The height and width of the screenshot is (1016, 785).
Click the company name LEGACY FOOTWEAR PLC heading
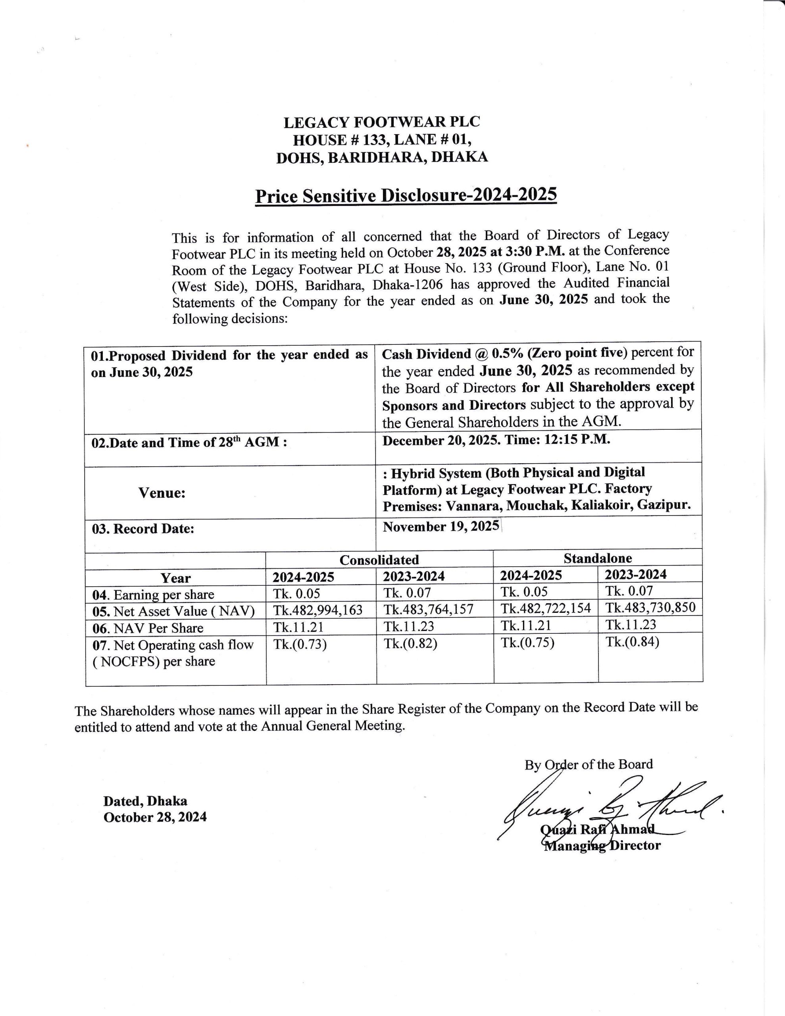[381, 122]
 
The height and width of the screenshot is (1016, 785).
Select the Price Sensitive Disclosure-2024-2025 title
[406, 195]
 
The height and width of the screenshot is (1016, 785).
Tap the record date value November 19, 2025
[441, 527]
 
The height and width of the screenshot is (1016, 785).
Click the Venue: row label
[162, 493]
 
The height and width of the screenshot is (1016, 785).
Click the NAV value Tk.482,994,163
[318, 610]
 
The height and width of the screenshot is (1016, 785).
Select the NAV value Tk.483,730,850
[650, 608]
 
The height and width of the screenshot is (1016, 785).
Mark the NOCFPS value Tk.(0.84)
[632, 642]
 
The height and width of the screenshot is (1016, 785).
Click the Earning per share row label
[154, 595]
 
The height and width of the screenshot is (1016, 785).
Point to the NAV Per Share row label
[148, 628]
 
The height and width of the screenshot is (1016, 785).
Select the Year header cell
[175, 578]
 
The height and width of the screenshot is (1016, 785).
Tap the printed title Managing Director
[602, 845]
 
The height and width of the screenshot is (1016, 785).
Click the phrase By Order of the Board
[589, 764]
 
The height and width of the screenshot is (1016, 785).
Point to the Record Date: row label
[143, 529]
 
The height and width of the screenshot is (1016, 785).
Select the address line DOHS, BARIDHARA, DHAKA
[381, 158]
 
